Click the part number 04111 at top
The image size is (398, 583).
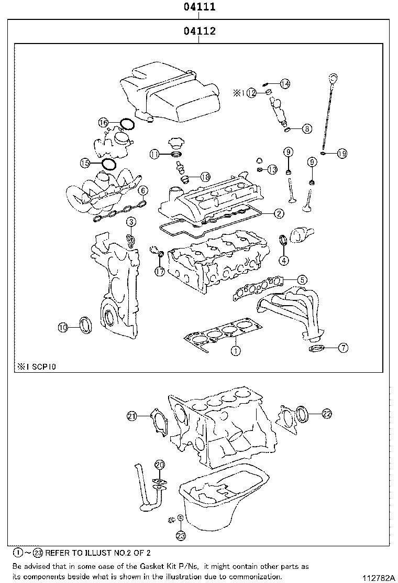pos(199,7)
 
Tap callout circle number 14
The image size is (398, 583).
pos(284,84)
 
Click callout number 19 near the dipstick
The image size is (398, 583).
pos(341,154)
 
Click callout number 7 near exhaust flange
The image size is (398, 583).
pos(343,347)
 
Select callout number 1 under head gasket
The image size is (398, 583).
pos(236,351)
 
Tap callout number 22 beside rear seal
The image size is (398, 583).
pos(326,414)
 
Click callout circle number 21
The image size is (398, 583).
pos(131,416)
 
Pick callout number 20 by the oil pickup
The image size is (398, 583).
pos(160,465)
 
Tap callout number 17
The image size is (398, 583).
pos(160,272)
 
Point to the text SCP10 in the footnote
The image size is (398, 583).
pos(40,367)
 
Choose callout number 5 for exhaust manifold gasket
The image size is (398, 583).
pos(302,280)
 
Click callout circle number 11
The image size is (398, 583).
pos(154,154)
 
